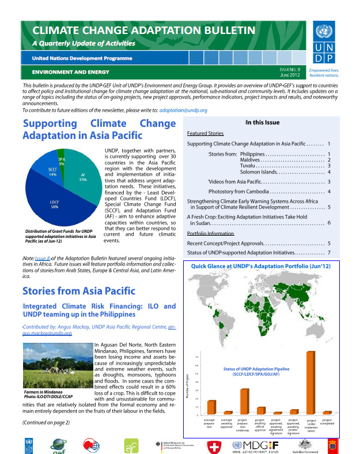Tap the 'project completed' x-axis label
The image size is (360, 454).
pyautogui.click(x=327, y=423)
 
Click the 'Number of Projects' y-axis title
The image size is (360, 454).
pyautogui.click(x=188, y=387)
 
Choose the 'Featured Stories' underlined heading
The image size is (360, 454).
pyautogui.click(x=206, y=133)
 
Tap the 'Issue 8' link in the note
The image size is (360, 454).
pyautogui.click(x=42, y=258)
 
